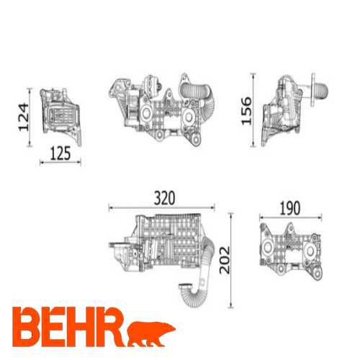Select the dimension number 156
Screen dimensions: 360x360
246,110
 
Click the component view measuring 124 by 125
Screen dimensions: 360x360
60,115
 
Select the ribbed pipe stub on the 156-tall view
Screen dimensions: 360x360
319,90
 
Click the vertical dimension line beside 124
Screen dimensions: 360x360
30,116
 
